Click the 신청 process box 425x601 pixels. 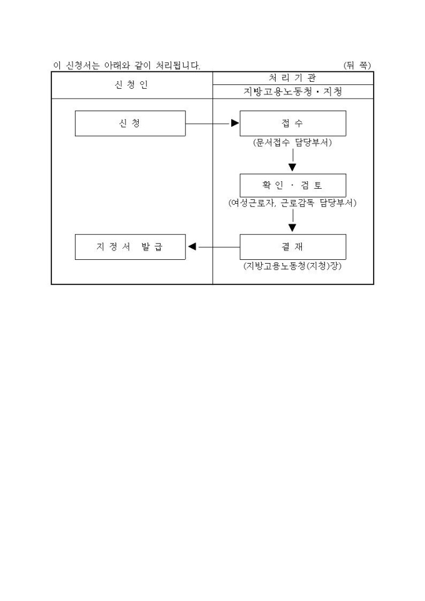(130, 123)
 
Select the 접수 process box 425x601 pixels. (292, 123)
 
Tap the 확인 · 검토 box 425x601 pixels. (292, 185)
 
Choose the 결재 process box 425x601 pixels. (292, 246)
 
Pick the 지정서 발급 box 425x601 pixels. (130, 246)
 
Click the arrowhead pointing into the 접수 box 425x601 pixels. (235, 123)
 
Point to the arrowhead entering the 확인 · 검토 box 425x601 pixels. (292, 167)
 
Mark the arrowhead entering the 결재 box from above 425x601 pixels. (292, 229)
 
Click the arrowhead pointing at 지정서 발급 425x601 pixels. (192, 246)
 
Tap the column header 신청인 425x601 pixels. (131, 85)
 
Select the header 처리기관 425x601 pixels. (292, 77)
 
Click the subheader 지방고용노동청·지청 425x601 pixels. (292, 91)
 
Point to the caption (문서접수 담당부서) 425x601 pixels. (292, 142)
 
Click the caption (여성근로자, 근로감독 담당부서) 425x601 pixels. (292, 203)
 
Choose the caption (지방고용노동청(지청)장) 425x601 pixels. (292, 266)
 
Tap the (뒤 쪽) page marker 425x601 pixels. (357, 65)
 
